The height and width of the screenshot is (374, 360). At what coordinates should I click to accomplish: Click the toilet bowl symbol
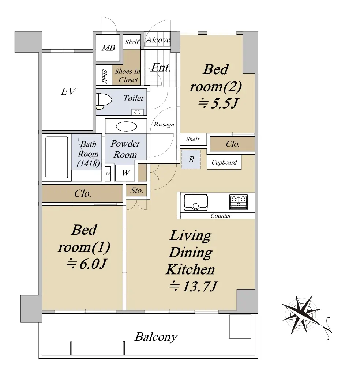pos(104,100)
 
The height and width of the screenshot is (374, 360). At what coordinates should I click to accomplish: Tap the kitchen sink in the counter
pos(195,203)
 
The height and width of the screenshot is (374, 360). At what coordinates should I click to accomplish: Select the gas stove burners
pos(239,202)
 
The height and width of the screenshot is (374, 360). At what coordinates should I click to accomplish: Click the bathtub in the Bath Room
pos(57,157)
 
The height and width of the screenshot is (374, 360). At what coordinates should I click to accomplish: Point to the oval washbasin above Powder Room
pos(126,126)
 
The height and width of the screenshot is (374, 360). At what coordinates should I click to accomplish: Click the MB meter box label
pos(108,48)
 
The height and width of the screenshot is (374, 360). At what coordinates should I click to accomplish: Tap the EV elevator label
pos(68,91)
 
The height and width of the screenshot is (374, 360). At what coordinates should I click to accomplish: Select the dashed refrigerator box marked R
pos(191,159)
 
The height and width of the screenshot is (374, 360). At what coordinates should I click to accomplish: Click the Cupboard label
pos(224,162)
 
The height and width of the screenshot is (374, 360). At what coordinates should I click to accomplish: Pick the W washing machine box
pos(125,173)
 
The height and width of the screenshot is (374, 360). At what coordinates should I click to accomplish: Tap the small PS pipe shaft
pos(108,174)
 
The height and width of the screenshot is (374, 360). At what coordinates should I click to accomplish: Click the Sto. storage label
pos(136,190)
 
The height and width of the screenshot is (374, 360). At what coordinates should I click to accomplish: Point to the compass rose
pos(301,314)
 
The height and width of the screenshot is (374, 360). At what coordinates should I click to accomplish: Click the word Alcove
pos(158,40)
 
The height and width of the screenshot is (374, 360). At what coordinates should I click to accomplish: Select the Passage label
pos(164,125)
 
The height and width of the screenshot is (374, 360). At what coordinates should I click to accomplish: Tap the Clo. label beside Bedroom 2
pos(233,144)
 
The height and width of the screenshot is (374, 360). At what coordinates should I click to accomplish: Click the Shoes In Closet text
pos(127,75)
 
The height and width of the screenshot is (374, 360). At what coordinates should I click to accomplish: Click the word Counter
pos(221,216)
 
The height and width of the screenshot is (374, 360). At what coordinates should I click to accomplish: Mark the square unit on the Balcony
pos(240,326)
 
